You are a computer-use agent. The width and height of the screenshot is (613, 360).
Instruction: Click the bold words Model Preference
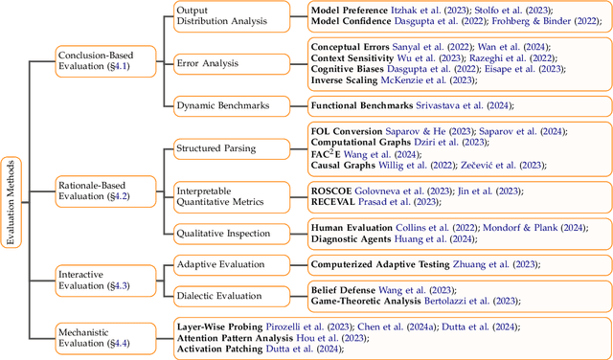coord(352,11)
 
